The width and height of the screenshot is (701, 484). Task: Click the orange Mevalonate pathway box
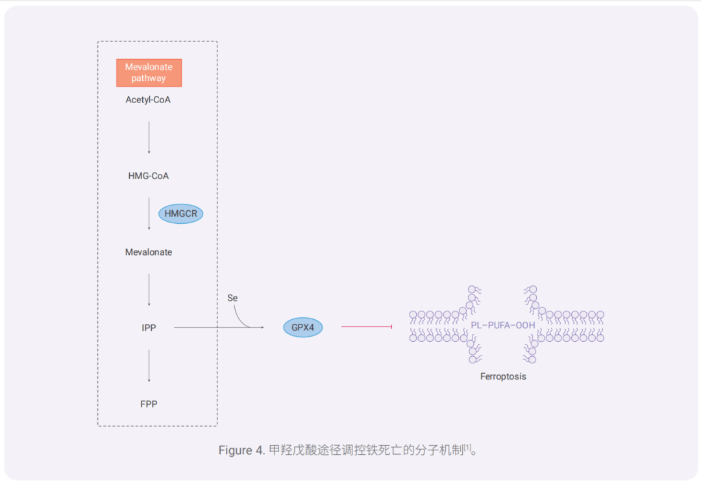[x=149, y=73]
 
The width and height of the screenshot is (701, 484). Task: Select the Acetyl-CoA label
[x=148, y=100]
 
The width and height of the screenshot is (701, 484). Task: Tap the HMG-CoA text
[x=148, y=176]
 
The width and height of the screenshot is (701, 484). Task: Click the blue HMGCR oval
[x=180, y=213]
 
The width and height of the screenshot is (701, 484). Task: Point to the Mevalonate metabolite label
[x=149, y=252]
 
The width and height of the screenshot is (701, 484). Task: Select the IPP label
[x=149, y=328]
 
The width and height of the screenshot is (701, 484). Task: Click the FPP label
[x=149, y=404]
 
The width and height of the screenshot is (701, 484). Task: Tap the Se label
[x=232, y=298]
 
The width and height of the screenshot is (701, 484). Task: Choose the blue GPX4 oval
[x=302, y=328]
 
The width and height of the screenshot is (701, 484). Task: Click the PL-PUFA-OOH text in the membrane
[x=503, y=325]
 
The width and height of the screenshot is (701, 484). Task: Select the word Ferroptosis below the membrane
[x=503, y=376]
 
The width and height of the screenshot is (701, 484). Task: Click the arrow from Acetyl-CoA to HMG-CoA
[x=149, y=137]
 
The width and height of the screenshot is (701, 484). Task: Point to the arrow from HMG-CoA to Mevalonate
[x=149, y=213]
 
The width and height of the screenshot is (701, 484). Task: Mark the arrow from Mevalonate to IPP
[x=149, y=289]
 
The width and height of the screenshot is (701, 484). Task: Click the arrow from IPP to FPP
[x=149, y=365]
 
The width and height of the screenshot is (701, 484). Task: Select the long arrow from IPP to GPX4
[x=208, y=328]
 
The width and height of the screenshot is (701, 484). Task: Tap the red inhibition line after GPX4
[x=366, y=326]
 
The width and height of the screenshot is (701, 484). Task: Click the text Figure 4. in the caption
[x=241, y=450]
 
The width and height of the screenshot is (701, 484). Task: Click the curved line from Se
[x=241, y=317]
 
